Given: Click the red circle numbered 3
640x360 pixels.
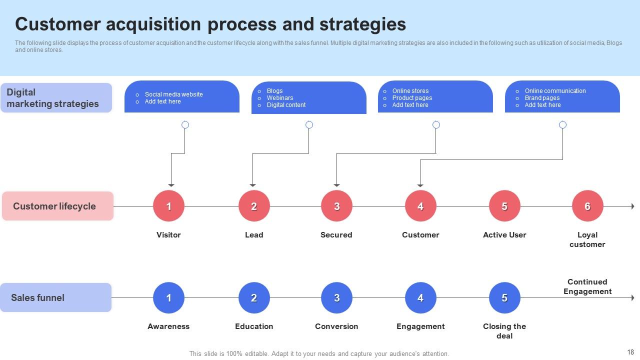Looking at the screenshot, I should [x=336, y=206].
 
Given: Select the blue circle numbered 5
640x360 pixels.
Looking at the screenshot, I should [x=504, y=298].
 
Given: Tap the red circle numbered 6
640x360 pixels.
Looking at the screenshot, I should [x=587, y=206].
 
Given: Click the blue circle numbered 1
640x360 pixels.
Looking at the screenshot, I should [x=168, y=298].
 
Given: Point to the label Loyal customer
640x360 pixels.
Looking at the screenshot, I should [x=587, y=239].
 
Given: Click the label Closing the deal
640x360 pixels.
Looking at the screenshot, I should [x=504, y=331].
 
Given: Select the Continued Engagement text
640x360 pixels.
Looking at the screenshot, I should [x=587, y=286].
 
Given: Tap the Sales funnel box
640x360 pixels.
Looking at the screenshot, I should [x=55, y=297].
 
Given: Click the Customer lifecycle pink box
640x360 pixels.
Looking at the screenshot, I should [x=57, y=206].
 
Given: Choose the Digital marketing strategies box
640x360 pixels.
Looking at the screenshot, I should [x=55, y=98].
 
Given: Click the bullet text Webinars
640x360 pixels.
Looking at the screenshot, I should [x=280, y=98].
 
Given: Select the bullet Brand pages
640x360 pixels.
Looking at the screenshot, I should [x=542, y=98].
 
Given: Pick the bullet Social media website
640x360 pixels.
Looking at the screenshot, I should [x=173, y=94].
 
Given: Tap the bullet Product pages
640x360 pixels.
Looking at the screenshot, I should [x=412, y=98].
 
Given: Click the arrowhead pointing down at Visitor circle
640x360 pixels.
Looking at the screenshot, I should [x=171, y=185].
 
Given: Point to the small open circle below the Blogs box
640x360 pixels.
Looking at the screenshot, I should [x=309, y=124].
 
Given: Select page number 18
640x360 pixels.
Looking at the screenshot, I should [x=630, y=352].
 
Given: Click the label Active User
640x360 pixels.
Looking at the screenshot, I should [x=504, y=235].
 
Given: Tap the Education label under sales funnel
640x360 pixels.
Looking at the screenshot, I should [x=254, y=326].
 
